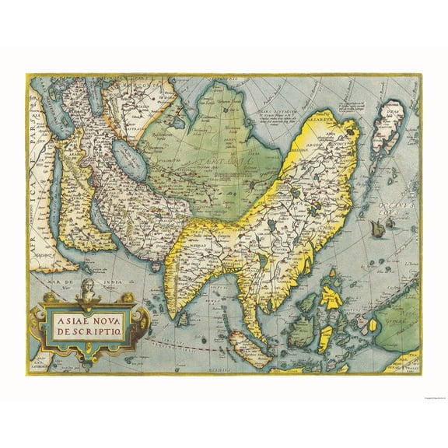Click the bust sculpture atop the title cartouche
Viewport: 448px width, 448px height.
click(87, 289)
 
